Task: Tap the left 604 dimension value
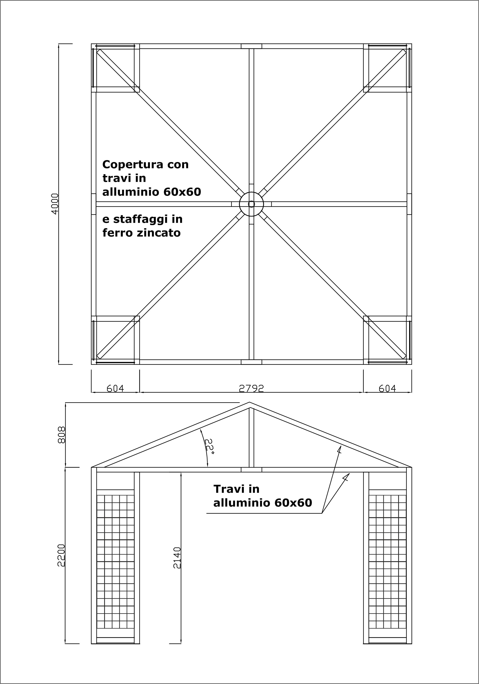(115, 388)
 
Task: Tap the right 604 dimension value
(387, 388)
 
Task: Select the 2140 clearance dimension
(177, 558)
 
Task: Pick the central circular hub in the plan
(251, 204)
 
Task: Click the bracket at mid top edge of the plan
(251, 46)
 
